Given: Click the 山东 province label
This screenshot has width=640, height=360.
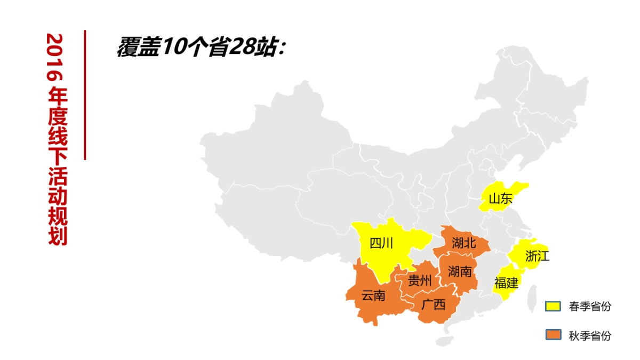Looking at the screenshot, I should (x=500, y=199).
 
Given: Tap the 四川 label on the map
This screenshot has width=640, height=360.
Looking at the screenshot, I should (x=381, y=244).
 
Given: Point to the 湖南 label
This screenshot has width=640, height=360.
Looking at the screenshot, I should (x=460, y=271).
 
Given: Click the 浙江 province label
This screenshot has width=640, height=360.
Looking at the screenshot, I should (x=537, y=256).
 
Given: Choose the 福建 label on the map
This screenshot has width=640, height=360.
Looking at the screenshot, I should (x=506, y=283).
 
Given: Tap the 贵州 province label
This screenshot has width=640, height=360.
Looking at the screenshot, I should (x=420, y=281).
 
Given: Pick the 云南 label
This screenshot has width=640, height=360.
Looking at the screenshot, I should (x=373, y=295).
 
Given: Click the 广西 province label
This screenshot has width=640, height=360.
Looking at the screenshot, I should (x=433, y=305).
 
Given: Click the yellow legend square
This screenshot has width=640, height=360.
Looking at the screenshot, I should (x=553, y=306).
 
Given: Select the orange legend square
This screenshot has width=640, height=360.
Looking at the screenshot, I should (x=553, y=335).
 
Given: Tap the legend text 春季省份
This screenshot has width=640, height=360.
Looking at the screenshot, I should (x=590, y=307).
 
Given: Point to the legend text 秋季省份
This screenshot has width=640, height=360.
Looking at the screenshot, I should (x=590, y=336).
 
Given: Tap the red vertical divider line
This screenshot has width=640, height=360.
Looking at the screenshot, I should (x=85, y=95).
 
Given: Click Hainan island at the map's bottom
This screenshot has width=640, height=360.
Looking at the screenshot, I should (x=443, y=341).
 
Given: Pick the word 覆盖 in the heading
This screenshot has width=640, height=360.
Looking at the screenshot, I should (x=137, y=47).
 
